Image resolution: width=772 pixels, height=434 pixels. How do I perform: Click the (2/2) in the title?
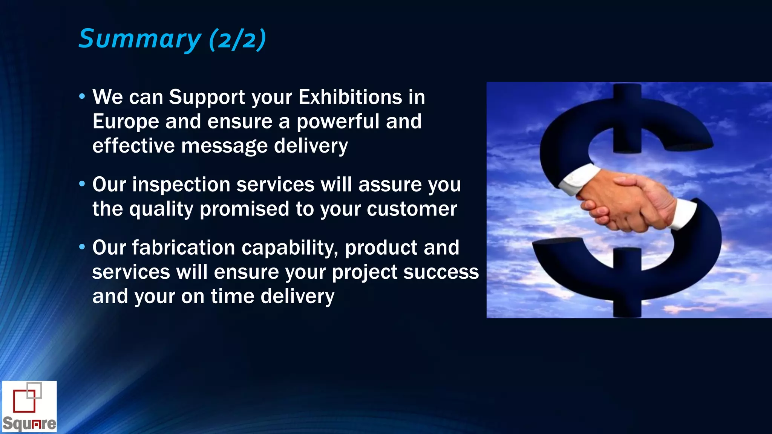[x=237, y=40]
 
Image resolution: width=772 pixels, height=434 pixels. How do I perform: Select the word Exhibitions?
[x=350, y=97]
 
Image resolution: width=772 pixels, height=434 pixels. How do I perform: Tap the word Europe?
[x=126, y=122]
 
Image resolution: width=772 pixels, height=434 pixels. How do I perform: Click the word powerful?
[x=338, y=122]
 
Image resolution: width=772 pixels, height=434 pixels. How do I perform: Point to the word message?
[x=224, y=146]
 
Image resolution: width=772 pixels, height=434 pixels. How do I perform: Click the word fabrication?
[x=183, y=248]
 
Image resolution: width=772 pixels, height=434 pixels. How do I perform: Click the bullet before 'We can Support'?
[x=82, y=97]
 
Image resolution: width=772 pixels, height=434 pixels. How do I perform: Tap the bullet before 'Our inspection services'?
[x=82, y=185]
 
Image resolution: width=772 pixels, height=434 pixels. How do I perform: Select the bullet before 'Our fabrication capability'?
[x=82, y=248]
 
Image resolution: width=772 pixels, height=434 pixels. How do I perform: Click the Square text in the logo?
[x=29, y=424]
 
